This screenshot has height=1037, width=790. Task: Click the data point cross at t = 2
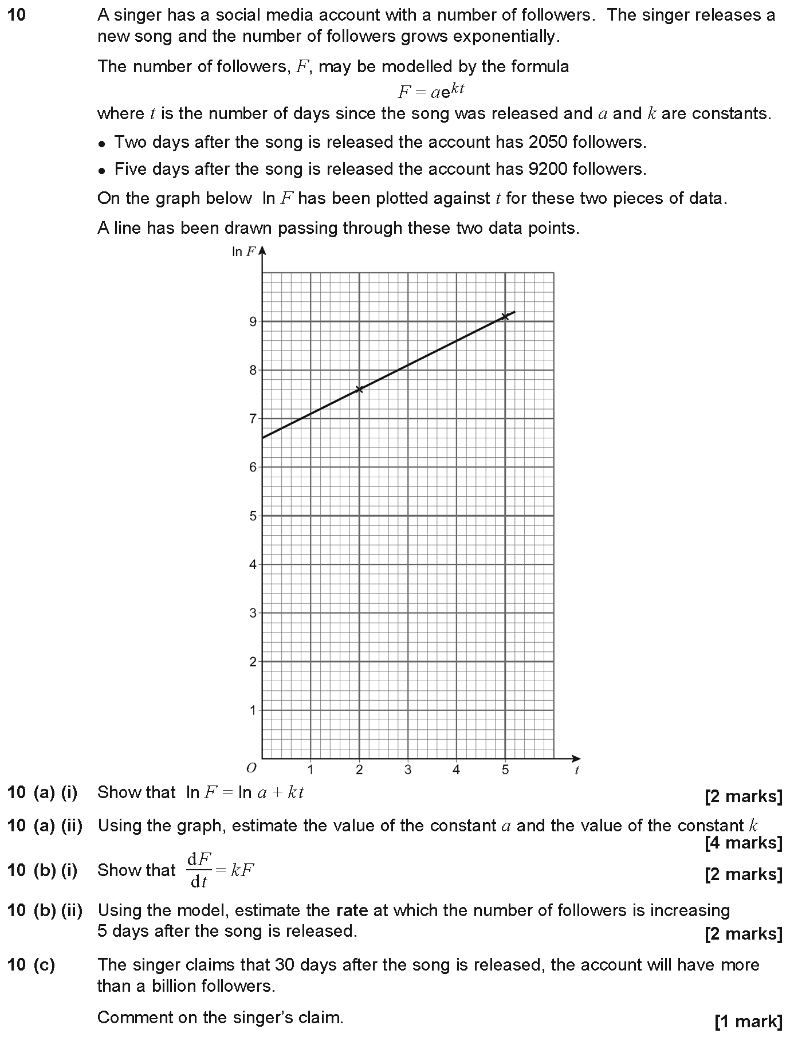359,390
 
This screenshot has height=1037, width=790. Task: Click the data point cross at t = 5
505,316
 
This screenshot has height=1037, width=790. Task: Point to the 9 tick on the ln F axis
252,321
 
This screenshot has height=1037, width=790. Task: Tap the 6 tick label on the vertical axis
252,468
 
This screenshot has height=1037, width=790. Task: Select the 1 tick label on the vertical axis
252,711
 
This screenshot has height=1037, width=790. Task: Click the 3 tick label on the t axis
407,770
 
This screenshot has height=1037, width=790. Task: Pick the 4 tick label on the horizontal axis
456,770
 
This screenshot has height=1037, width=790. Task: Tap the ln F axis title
243,252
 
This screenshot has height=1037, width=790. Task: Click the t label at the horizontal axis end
576,771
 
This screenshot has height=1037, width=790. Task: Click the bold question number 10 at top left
17,15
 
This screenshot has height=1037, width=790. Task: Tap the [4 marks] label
743,843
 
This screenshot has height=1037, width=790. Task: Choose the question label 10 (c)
32,965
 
